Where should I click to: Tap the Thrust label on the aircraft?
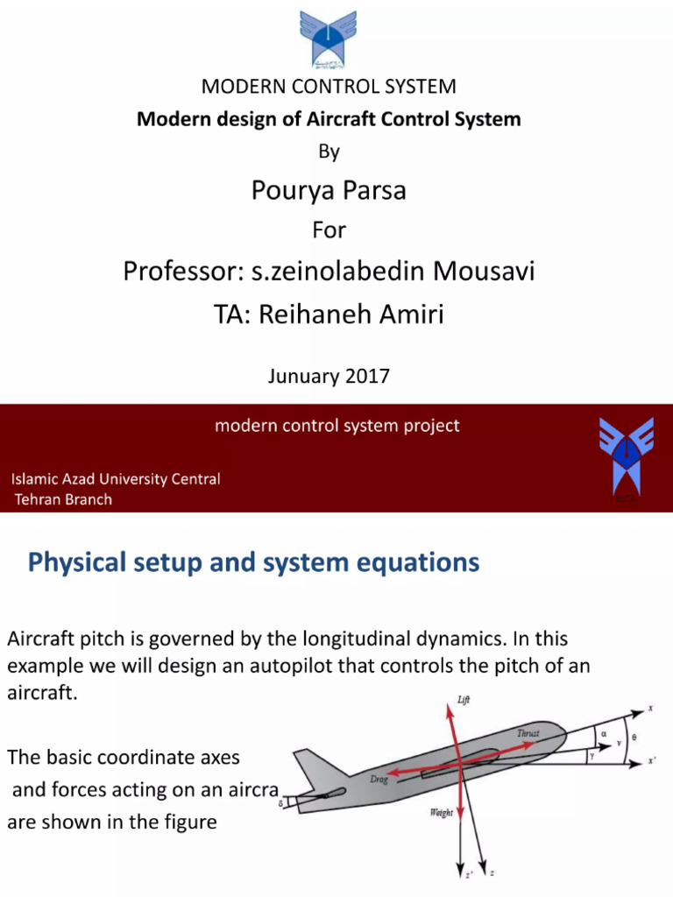(528, 732)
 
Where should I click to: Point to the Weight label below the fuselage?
(441, 812)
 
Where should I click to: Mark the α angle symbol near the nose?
(604, 725)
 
